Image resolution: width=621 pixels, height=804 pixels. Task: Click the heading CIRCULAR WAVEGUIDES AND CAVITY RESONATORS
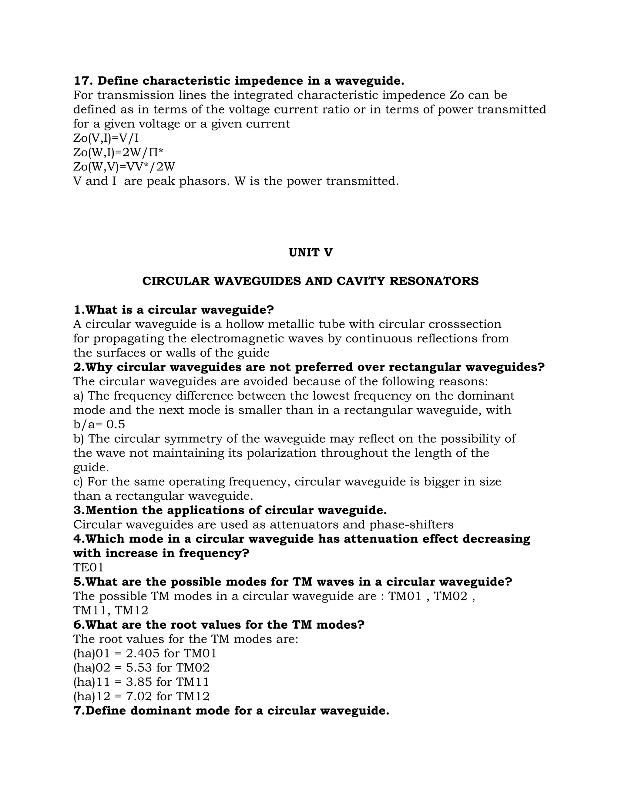pos(310,281)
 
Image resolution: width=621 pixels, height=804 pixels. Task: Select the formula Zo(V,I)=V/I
pos(106,138)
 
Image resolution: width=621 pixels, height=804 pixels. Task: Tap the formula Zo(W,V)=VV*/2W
pos(124,167)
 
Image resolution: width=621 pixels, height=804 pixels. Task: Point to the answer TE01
pos(88,567)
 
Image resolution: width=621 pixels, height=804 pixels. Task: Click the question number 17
pos(83,81)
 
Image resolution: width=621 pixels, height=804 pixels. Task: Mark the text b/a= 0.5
pos(99,424)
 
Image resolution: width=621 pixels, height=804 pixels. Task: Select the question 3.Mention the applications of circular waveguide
pos(230,510)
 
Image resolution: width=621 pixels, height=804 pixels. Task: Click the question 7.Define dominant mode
pos(231,711)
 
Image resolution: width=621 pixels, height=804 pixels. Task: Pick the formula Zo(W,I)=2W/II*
pos(118,152)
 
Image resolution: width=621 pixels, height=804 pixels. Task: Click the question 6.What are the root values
pos(219,625)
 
